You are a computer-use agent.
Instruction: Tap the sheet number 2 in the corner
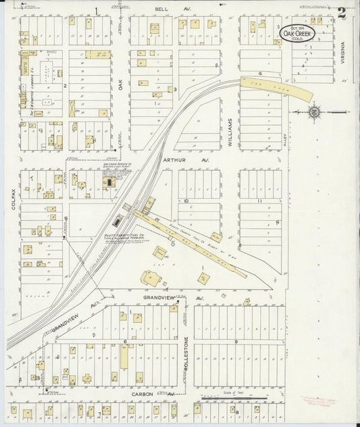[x=342, y=11]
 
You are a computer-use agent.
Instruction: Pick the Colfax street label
[x=13, y=199]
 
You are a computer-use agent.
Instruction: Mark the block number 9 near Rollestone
[x=236, y=342]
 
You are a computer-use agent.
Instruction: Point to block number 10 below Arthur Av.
[x=185, y=201]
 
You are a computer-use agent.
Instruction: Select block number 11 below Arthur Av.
[x=259, y=201]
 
